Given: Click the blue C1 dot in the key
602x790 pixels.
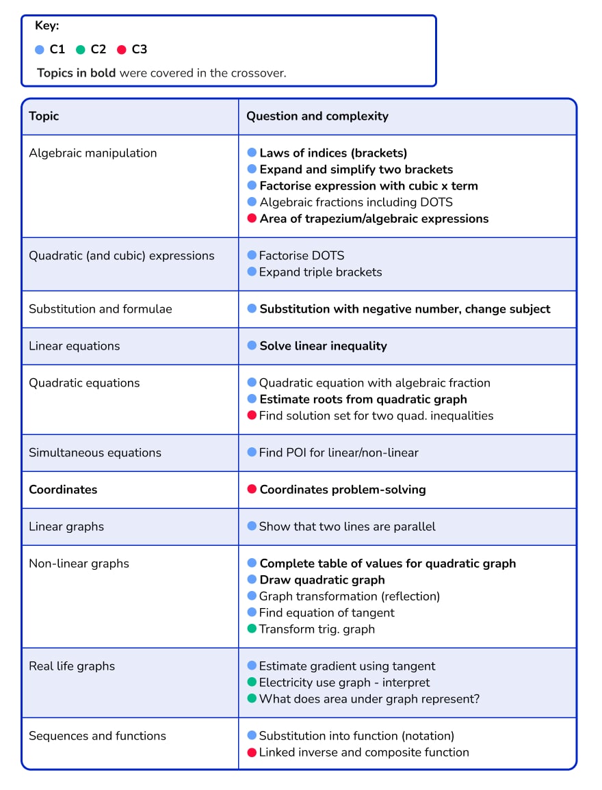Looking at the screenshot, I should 40,50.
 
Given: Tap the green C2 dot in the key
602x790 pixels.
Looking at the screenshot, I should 80,50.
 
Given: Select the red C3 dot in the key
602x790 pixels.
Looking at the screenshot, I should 122,50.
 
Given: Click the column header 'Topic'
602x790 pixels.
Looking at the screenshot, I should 44,116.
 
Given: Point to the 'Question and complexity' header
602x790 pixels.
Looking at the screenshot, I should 317,116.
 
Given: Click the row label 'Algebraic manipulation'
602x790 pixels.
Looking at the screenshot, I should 92,153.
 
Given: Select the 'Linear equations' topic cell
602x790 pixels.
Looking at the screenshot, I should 74,346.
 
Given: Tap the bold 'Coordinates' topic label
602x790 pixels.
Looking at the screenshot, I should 63,490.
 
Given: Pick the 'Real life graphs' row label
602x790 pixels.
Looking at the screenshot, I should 72,666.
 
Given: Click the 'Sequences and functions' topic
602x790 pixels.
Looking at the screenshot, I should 97,736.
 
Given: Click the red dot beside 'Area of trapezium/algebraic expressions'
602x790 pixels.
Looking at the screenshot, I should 252,219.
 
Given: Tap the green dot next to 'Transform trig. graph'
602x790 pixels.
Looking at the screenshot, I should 252,629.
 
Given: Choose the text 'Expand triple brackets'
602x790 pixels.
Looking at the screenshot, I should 320,272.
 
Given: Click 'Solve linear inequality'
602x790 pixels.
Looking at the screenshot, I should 323,346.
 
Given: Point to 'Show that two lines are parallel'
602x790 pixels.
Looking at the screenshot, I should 347,527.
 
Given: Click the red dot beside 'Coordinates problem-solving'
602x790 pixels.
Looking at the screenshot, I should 252,490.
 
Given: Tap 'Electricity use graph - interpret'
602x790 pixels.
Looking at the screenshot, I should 344,683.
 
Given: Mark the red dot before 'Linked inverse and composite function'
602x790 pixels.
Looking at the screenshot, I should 252,752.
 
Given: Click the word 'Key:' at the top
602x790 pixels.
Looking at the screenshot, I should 47,26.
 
